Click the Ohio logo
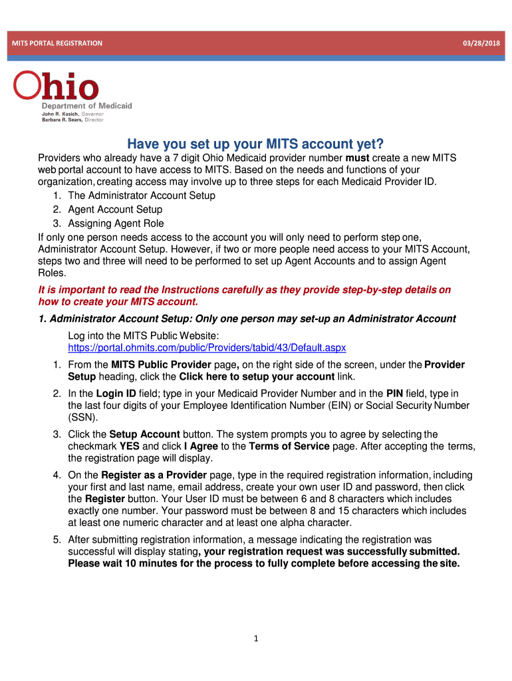pyautogui.click(x=57, y=87)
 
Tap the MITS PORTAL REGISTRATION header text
pyautogui.click(x=57, y=43)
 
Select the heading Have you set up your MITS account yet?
pyautogui.click(x=255, y=144)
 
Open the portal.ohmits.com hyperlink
pyautogui.click(x=207, y=348)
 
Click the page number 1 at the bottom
pyautogui.click(x=255, y=639)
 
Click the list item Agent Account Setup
pyautogui.click(x=115, y=209)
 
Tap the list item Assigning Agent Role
pyautogui.click(x=116, y=223)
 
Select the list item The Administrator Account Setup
pyautogui.click(x=142, y=196)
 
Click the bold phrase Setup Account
pyautogui.click(x=144, y=434)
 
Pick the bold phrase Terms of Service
pyautogui.click(x=289, y=446)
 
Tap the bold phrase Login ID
pyautogui.click(x=114, y=394)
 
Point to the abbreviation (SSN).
pyautogui.click(x=82, y=418)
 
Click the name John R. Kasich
pyautogui.click(x=62, y=114)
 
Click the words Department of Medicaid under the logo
pyautogui.click(x=87, y=106)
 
